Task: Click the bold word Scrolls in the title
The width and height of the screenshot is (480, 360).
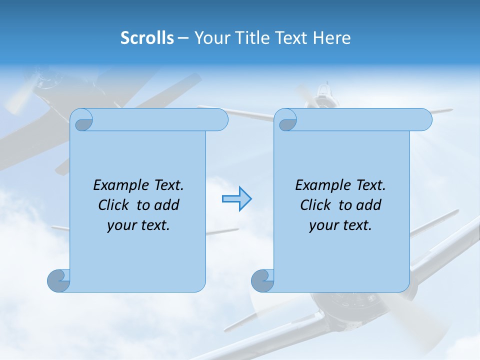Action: tap(147, 38)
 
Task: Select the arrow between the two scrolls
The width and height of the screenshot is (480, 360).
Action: tap(236, 199)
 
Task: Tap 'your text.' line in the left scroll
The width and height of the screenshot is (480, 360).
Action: tap(138, 225)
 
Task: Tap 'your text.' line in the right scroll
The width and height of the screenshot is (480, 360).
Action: tap(340, 225)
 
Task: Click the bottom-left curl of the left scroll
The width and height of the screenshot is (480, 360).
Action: tap(58, 280)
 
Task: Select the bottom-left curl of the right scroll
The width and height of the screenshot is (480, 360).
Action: tap(262, 280)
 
